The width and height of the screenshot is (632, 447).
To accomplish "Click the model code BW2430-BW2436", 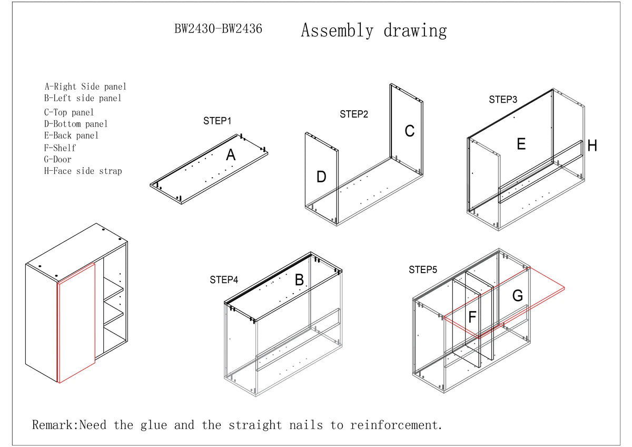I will (x=218, y=30).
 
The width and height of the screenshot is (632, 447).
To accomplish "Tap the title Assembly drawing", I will (x=373, y=31).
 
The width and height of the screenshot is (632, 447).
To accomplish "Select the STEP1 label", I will (x=218, y=121).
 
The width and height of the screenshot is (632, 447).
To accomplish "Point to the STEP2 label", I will (x=354, y=114).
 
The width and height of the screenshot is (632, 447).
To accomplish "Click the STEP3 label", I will (x=503, y=100).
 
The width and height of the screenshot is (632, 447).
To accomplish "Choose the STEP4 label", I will (x=224, y=280).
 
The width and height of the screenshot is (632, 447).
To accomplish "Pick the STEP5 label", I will (x=423, y=270).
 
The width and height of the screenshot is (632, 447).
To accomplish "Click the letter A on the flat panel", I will (x=231, y=156).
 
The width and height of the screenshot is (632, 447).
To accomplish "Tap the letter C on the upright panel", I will (x=409, y=131).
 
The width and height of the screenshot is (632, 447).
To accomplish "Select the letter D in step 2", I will (x=321, y=178).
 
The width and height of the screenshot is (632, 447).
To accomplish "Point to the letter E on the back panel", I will (x=521, y=144).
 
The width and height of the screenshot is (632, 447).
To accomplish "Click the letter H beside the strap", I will (x=592, y=146).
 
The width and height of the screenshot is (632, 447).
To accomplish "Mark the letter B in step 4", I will (x=299, y=280).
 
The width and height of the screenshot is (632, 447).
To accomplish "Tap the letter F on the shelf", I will (x=472, y=317).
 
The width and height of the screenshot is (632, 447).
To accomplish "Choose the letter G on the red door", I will (x=518, y=296).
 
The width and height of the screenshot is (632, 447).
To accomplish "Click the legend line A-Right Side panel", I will (x=85, y=86).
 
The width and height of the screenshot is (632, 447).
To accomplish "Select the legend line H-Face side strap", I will (x=83, y=171).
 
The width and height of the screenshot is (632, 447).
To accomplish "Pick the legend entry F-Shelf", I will (x=60, y=148).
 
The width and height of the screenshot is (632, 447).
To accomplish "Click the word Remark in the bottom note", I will (x=55, y=425).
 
